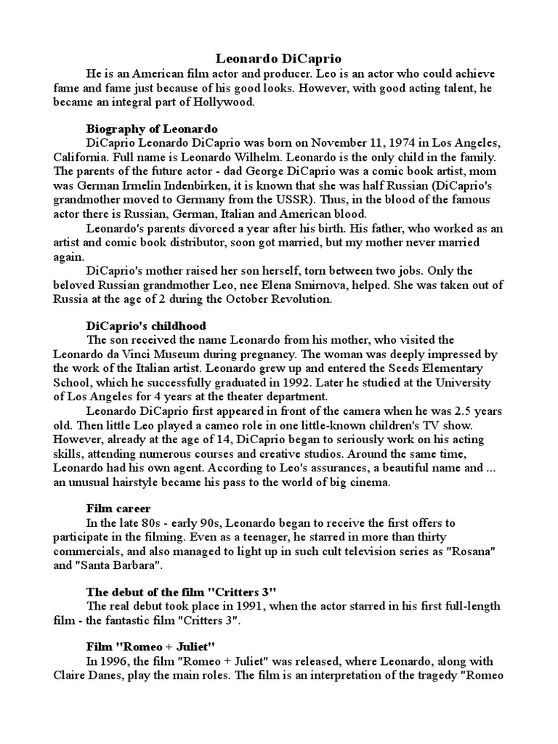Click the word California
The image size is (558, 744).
80,156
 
